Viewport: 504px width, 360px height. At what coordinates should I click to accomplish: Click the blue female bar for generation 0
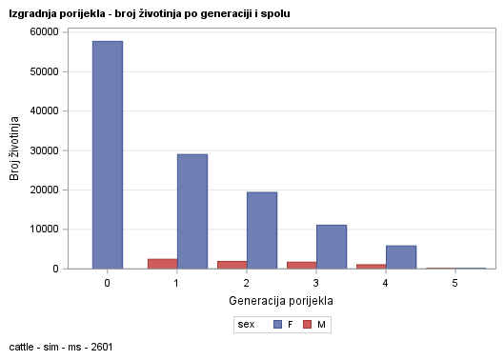(108, 155)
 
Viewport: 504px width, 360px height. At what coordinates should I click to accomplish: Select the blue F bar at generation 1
(192, 211)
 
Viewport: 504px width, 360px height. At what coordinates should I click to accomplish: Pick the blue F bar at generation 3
(332, 247)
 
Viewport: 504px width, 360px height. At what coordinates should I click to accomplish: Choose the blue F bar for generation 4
(401, 257)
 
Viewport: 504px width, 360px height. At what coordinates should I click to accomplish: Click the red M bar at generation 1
(162, 264)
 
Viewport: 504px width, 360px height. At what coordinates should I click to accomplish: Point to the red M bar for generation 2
(232, 265)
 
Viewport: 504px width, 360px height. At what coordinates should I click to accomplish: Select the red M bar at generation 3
(302, 265)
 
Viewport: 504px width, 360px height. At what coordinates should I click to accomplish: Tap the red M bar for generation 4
(372, 266)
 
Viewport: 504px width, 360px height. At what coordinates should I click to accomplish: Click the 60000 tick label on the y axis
(44, 31)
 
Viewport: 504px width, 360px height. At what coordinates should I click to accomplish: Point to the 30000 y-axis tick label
(44, 150)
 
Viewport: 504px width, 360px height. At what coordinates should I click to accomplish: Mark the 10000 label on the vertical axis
(44, 230)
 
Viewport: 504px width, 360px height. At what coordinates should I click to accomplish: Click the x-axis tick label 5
(455, 283)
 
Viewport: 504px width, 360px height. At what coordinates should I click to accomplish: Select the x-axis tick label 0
(108, 283)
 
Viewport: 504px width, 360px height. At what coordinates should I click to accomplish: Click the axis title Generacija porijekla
(281, 300)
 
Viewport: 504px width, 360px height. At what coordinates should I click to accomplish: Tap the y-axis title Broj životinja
(15, 150)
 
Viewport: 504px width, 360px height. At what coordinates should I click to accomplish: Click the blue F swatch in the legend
(277, 325)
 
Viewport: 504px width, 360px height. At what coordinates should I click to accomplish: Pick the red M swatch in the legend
(307, 325)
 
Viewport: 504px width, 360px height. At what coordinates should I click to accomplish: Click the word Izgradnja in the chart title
(32, 13)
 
